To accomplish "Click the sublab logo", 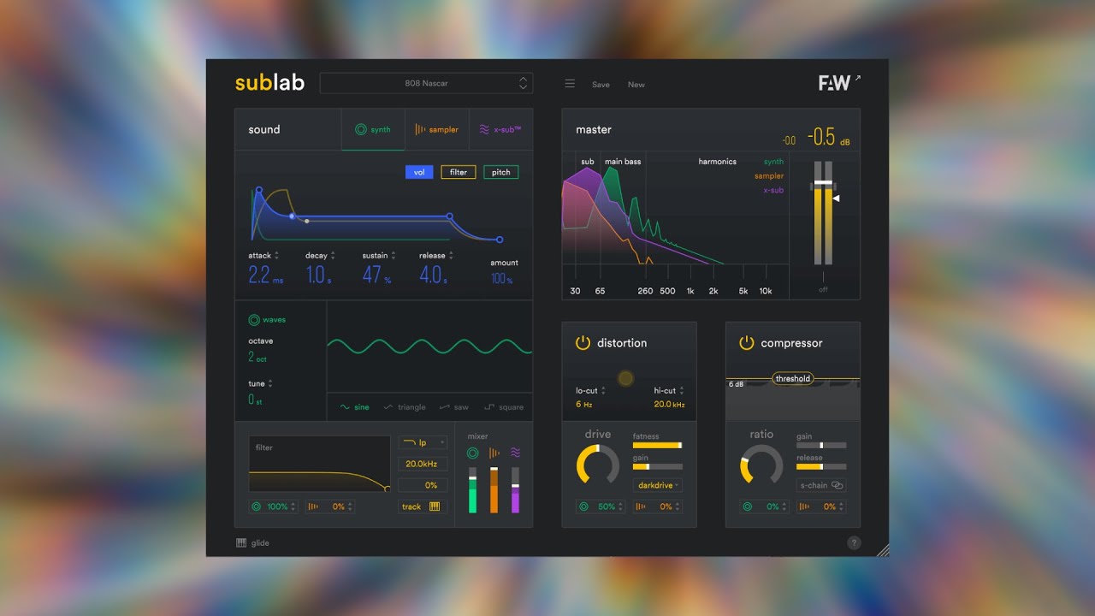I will [269, 83].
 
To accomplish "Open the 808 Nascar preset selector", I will [426, 83].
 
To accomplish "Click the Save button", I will [601, 85].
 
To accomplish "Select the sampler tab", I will [436, 130].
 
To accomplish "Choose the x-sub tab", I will [500, 130].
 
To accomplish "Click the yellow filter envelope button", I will [459, 172].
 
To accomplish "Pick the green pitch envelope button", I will [501, 172].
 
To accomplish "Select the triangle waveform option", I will [405, 407].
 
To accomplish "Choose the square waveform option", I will [504, 407].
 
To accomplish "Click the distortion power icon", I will [583, 343].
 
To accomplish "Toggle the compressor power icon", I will [747, 343].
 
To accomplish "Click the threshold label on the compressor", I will [793, 378].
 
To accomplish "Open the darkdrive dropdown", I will [657, 485].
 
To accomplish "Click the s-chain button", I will [821, 485].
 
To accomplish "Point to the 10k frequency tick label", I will [766, 291].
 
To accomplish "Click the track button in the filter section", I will [421, 506].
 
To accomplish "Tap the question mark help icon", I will [854, 542].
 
